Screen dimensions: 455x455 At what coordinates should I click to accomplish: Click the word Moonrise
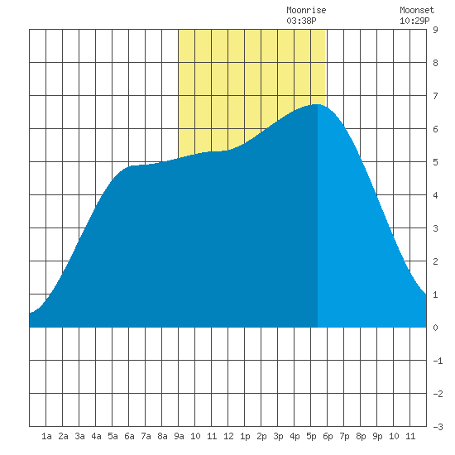306,10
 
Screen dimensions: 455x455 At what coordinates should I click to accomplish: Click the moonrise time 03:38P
301,21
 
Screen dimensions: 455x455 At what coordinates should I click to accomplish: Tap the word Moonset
417,10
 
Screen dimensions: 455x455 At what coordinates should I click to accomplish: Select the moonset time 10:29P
414,21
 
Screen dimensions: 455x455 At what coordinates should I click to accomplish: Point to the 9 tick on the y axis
435,30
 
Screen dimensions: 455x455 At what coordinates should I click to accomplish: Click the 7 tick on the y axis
435,96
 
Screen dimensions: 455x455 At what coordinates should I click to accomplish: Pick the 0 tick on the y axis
435,328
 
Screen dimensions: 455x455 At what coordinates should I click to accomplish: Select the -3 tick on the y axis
438,427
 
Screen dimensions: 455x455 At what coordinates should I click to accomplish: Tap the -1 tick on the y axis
438,361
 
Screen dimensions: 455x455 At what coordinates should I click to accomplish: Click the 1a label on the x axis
46,436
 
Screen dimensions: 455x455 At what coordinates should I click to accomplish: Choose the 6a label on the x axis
129,436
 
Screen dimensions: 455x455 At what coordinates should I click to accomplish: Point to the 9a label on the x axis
179,436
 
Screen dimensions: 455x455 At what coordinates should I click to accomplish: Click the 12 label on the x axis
228,436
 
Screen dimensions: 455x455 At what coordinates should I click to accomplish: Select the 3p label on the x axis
278,436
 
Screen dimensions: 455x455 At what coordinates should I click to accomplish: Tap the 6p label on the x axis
328,436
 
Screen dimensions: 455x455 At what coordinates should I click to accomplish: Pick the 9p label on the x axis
377,436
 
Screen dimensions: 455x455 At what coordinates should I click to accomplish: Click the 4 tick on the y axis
435,195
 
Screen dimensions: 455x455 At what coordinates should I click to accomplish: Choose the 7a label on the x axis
146,436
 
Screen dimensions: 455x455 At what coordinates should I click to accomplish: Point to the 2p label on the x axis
261,436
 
